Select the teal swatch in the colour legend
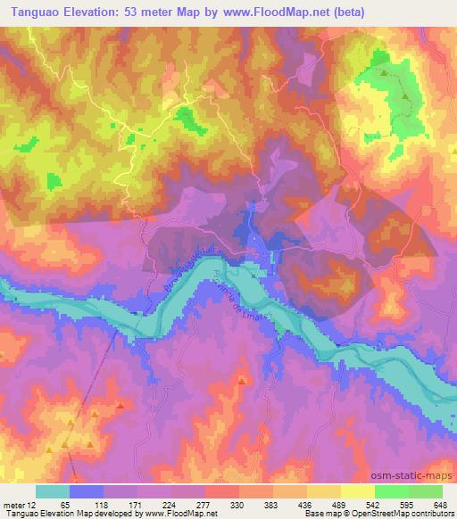[x=53, y=491]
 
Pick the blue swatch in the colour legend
[x=87, y=491]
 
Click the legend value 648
[x=437, y=504]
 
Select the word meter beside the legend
[x=12, y=504]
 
